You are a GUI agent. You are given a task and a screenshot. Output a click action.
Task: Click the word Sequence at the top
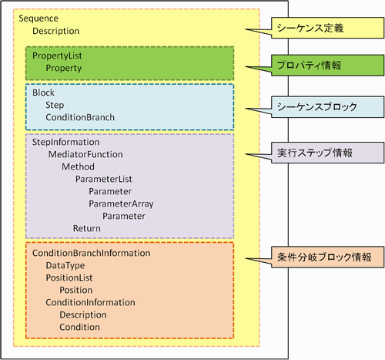tap(38, 19)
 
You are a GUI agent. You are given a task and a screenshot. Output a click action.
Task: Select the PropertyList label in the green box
tap(57, 56)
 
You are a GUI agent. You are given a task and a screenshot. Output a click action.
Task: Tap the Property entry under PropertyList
tap(64, 69)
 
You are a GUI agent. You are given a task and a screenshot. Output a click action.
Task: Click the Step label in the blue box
tap(55, 106)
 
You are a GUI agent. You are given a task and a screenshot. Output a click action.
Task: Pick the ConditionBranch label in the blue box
tap(80, 117)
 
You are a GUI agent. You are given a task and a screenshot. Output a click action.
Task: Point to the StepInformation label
tap(65, 143)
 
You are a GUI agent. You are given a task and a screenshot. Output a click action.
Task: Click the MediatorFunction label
tap(85, 154)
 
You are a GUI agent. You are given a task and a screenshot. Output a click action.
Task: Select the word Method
tap(78, 167)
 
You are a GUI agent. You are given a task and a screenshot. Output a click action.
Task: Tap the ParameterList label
tap(104, 179)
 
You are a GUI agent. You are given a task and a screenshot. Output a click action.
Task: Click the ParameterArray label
tap(121, 204)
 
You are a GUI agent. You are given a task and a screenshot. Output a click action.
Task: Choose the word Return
tap(87, 228)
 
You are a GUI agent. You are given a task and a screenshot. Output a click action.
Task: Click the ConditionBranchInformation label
tap(91, 253)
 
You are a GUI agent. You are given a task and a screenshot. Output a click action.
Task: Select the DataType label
tap(65, 266)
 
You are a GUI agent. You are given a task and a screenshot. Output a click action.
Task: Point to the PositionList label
tap(69, 278)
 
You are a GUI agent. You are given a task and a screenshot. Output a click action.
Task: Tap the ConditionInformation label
tap(90, 302)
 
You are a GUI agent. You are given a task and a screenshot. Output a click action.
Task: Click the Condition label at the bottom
tap(79, 327)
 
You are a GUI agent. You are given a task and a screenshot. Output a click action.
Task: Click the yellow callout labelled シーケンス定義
tap(327, 28)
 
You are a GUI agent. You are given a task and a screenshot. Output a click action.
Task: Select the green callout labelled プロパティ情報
tap(327, 66)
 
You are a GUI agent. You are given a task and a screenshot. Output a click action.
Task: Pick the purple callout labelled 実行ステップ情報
tap(327, 153)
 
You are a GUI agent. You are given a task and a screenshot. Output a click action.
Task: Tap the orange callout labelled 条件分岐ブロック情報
tap(327, 257)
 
